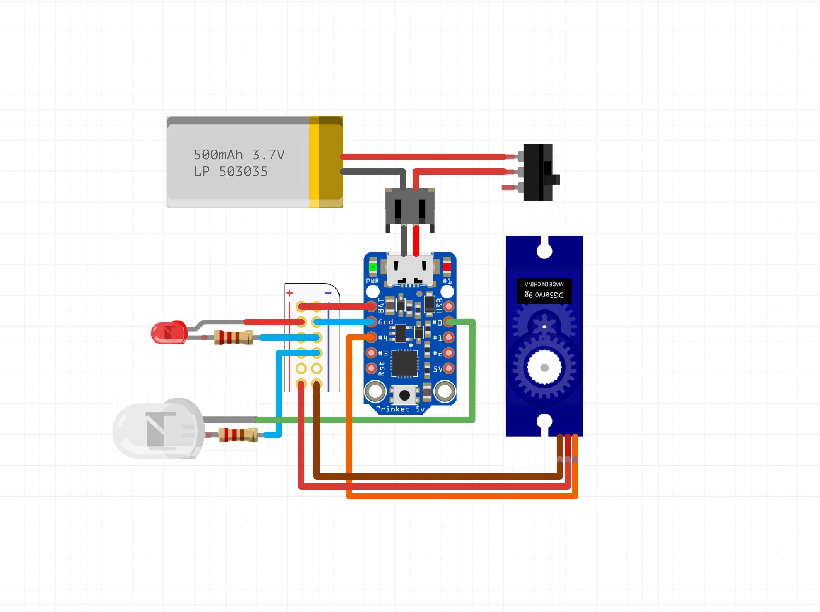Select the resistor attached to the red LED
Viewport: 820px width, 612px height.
pyautogui.click(x=234, y=338)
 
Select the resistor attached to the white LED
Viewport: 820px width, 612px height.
pyautogui.click(x=238, y=434)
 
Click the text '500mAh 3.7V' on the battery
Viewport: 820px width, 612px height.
pyautogui.click(x=239, y=155)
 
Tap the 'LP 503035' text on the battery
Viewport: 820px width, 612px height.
pyautogui.click(x=230, y=172)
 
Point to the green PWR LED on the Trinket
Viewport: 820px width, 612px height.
pyautogui.click(x=372, y=267)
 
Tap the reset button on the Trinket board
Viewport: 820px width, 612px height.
pyautogui.click(x=404, y=395)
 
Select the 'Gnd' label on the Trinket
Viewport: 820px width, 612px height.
pyautogui.click(x=385, y=322)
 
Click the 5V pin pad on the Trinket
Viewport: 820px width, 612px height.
pyautogui.click(x=448, y=368)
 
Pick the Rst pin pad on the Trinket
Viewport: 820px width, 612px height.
pyautogui.click(x=371, y=368)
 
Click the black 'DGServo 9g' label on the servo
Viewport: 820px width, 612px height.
pyautogui.click(x=544, y=291)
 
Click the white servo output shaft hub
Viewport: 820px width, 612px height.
pyautogui.click(x=544, y=368)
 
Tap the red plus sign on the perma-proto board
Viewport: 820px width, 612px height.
pyautogui.click(x=290, y=293)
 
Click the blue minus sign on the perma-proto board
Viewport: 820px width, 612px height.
pyautogui.click(x=328, y=293)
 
